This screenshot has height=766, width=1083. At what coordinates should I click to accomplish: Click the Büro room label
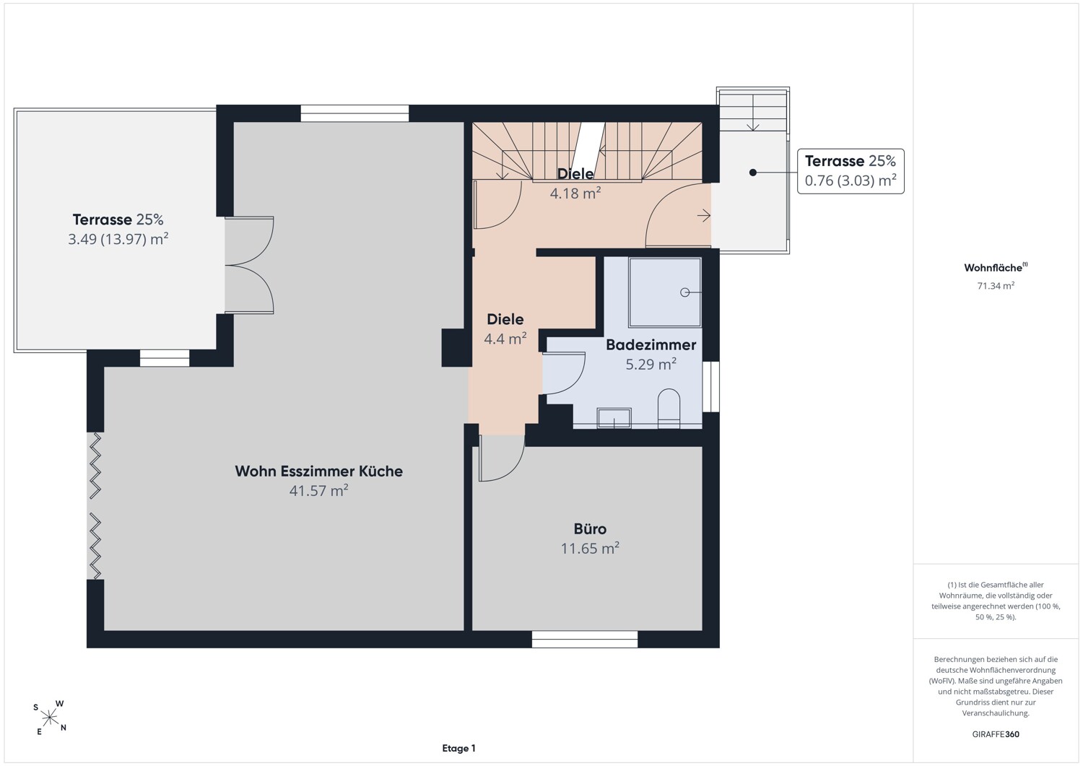click(590, 529)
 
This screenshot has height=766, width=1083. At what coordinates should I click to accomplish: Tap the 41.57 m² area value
click(318, 491)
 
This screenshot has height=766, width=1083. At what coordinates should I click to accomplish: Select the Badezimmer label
click(651, 345)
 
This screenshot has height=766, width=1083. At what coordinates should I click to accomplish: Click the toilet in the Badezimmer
click(669, 409)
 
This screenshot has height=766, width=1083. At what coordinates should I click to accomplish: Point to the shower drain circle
click(684, 292)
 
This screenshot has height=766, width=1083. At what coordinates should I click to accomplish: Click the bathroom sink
click(614, 418)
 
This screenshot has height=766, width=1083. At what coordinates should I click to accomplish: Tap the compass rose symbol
click(49, 718)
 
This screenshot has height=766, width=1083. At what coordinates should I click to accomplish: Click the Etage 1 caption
click(458, 749)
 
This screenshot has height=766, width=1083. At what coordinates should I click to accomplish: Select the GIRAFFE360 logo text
click(996, 734)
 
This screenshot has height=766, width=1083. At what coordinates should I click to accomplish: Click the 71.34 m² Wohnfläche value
click(996, 286)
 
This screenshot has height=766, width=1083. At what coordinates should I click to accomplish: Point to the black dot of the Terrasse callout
click(753, 173)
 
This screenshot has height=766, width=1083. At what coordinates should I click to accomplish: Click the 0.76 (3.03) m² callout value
click(851, 181)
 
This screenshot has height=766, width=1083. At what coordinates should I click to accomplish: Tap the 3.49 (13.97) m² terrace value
click(118, 240)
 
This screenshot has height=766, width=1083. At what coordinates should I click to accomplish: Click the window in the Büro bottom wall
click(585, 640)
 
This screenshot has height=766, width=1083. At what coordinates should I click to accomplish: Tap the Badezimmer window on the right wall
click(710, 387)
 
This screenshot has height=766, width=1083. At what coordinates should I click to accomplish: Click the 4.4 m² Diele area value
click(505, 339)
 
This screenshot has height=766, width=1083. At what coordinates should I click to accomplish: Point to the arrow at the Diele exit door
click(703, 216)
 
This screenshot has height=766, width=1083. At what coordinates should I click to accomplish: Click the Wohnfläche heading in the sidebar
click(996, 267)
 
